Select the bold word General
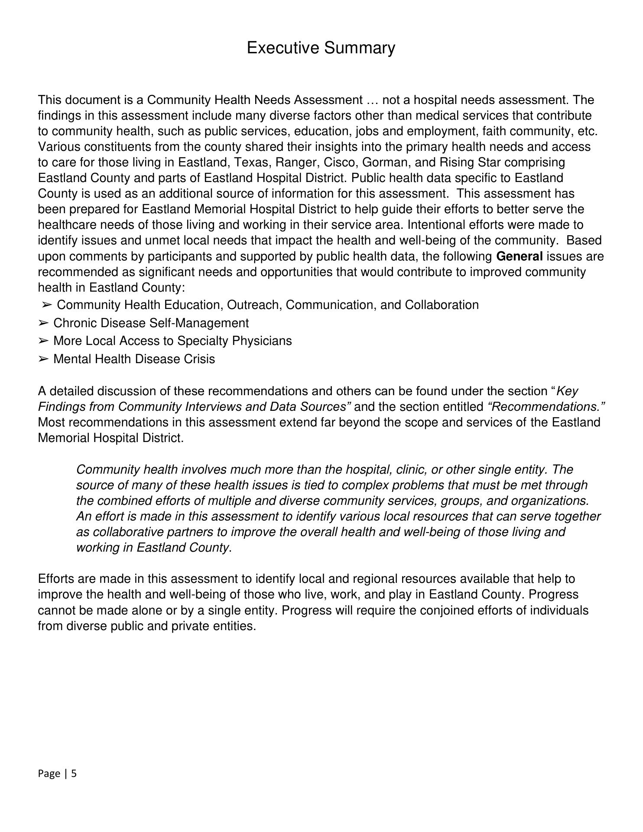coord(519,257)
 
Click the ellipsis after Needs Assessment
coord(372,101)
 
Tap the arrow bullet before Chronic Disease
coord(43,323)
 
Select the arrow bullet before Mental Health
coord(43,359)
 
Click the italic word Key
coord(568,391)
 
